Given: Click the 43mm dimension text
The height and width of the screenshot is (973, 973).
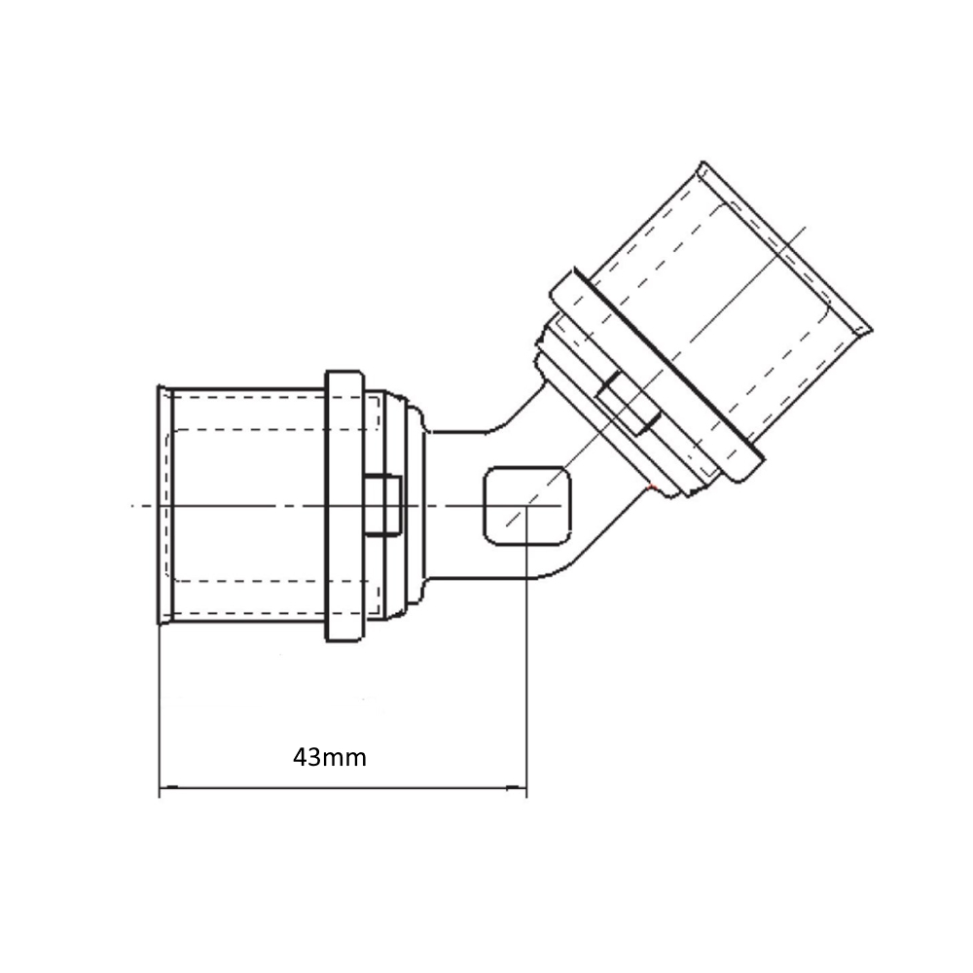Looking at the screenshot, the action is (x=330, y=758).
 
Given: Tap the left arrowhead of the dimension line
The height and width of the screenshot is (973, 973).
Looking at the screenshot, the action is (x=168, y=788).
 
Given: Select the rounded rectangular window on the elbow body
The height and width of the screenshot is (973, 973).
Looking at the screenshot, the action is (x=526, y=506).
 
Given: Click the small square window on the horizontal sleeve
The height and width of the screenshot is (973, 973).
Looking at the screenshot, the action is (x=382, y=505).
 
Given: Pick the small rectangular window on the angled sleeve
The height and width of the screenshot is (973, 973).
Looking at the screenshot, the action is (x=628, y=404).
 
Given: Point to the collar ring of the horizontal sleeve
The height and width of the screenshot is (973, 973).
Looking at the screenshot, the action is (x=344, y=506).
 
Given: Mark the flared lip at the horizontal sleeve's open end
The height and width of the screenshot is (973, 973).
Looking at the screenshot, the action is (x=163, y=505).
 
